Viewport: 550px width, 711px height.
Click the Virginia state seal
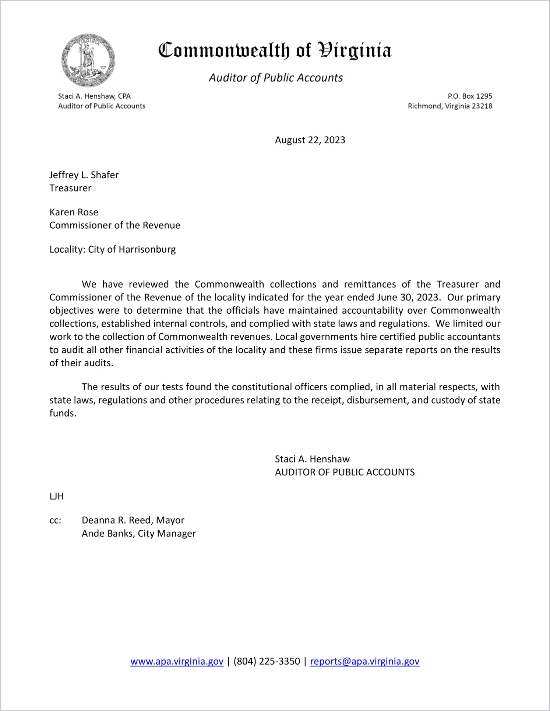[88, 60]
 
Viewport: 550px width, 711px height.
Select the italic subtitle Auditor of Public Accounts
[276, 78]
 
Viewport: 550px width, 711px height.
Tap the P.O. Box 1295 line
[470, 96]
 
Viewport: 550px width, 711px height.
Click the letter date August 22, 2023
[310, 140]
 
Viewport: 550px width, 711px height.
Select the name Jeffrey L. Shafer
[84, 175]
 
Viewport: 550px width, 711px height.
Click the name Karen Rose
[74, 212]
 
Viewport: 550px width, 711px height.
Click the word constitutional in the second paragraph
[261, 387]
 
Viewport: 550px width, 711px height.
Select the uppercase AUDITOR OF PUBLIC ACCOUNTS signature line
[345, 472]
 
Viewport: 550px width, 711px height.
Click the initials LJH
[57, 496]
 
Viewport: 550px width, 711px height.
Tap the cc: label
[55, 521]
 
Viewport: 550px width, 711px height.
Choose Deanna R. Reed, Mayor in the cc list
[133, 520]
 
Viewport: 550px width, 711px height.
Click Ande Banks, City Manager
[138, 534]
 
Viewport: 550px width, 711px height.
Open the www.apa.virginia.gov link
[177, 661]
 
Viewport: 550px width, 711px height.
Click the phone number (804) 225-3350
[267, 661]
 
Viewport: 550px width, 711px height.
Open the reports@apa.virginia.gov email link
[364, 661]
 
